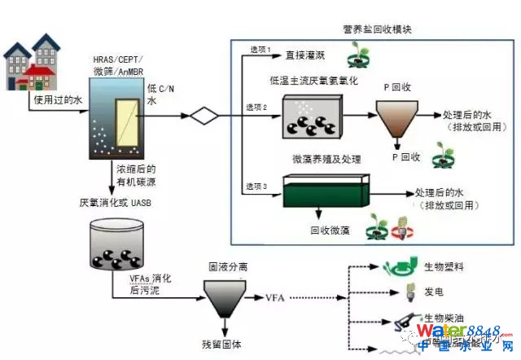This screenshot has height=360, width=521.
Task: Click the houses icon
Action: coord(32,61)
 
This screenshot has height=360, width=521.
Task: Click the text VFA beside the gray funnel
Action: coord(277,300)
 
